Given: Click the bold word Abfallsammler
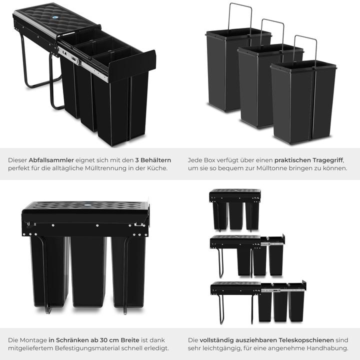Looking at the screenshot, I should coord(50,160).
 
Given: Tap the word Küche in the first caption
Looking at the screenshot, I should coord(155,168).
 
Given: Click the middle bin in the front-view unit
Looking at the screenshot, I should coord(88,270).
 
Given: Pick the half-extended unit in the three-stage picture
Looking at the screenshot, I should coord(247,255).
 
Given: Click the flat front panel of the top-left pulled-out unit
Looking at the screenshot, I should coord(131,65).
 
